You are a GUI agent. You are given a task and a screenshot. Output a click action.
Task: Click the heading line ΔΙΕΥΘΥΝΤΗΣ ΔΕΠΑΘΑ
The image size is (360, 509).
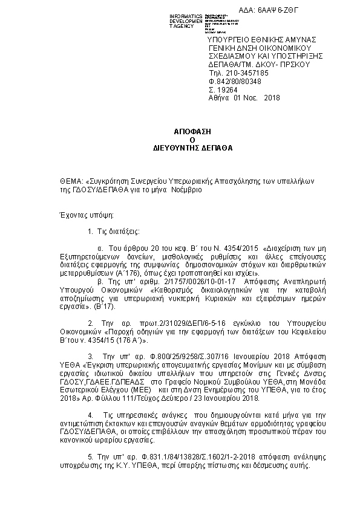(x=180, y=147)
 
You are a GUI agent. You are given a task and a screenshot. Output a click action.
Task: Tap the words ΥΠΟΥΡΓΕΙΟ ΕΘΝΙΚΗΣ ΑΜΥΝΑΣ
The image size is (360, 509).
(x=254, y=39)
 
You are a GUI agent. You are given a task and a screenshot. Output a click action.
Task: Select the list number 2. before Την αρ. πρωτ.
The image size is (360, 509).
(x=90, y=323)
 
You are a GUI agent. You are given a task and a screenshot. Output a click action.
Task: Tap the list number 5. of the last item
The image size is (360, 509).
(x=90, y=459)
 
